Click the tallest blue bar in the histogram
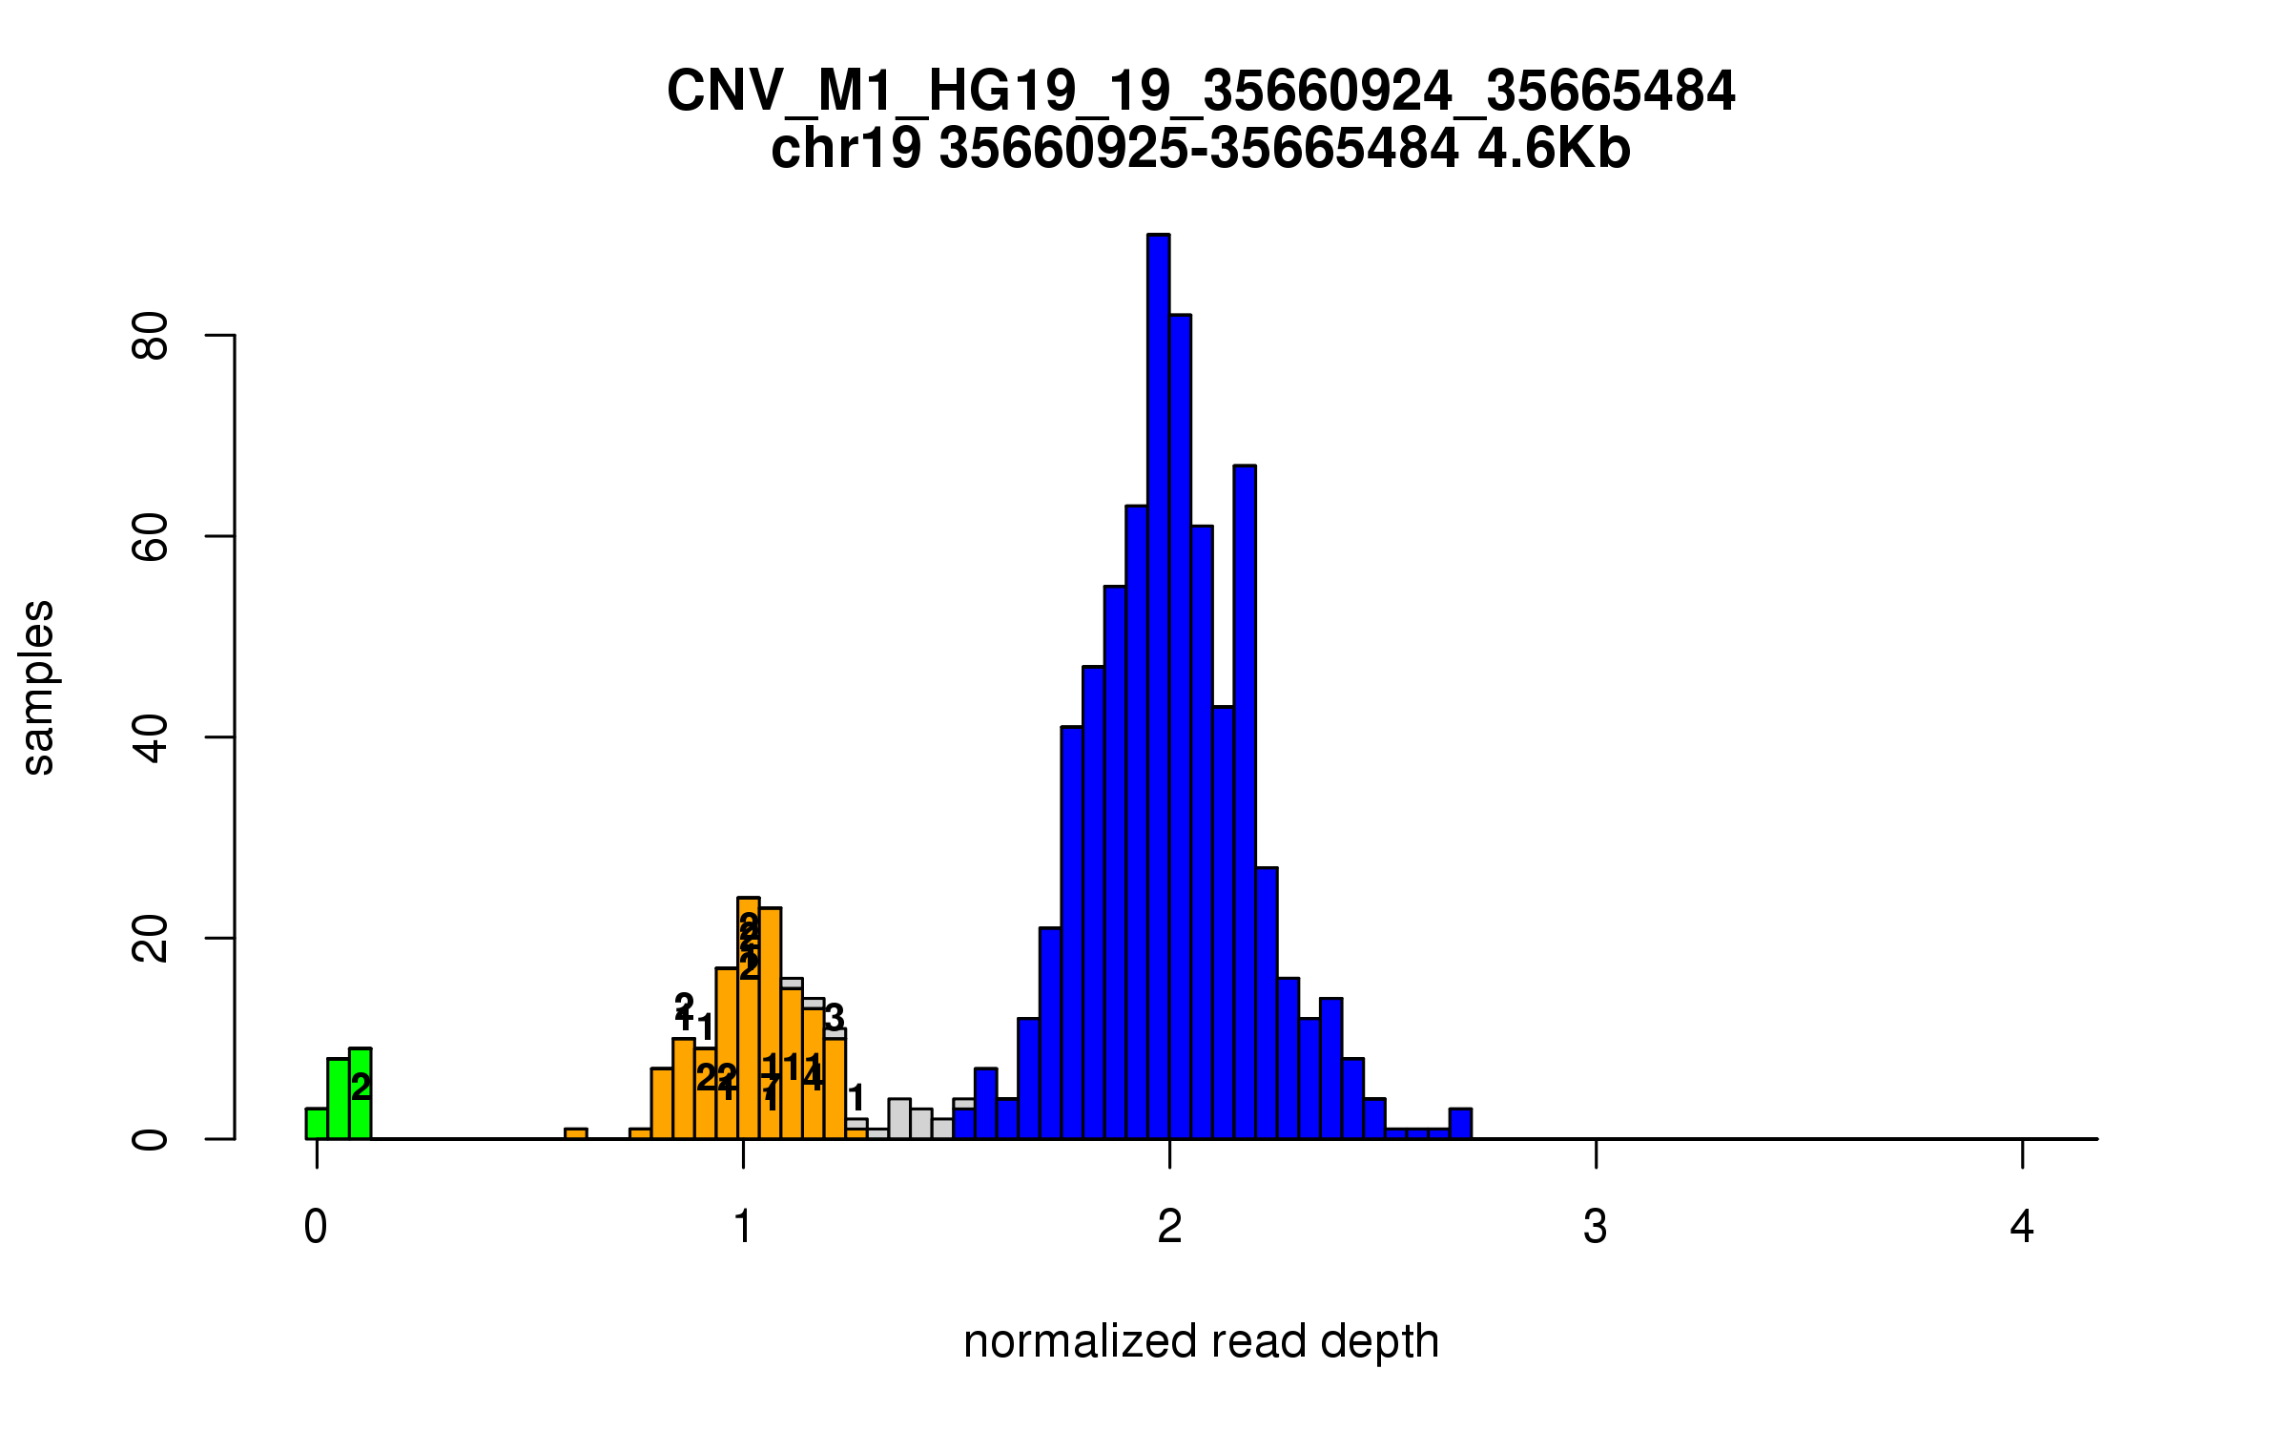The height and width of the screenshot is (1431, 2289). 1158,687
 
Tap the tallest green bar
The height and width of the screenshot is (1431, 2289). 360,1097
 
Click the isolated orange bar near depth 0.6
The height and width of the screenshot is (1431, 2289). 575,1133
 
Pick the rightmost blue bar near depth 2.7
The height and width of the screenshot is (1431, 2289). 1460,1124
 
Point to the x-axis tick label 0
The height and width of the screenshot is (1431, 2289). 316,1227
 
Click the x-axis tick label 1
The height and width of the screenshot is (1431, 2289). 743,1227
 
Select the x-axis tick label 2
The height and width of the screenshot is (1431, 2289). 1169,1227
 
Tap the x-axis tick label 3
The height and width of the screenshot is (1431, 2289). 1596,1227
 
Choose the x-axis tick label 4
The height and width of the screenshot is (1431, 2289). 2022,1227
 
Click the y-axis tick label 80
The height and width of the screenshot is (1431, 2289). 151,336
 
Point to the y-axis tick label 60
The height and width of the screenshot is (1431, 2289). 151,536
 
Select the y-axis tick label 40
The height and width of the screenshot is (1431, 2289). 151,737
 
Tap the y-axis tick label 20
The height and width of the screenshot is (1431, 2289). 151,939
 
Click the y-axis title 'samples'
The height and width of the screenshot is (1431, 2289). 38,687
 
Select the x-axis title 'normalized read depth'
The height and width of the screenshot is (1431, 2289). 1201,1341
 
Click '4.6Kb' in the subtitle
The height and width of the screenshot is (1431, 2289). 1554,149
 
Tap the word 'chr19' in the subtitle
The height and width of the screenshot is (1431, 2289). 846,149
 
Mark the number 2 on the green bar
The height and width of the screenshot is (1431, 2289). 361,1087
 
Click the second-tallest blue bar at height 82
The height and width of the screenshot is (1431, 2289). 1180,725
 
